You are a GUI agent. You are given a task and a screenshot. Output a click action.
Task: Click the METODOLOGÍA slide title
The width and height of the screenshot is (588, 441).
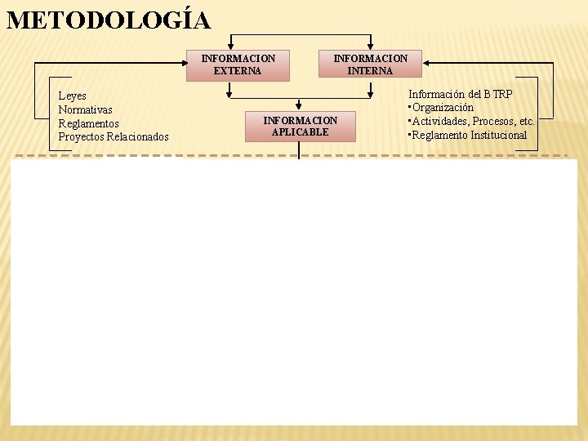click(108, 20)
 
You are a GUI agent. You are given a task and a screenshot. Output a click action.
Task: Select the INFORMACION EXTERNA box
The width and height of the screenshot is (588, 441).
click(238, 65)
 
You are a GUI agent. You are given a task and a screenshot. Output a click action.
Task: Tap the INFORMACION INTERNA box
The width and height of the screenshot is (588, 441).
click(370, 65)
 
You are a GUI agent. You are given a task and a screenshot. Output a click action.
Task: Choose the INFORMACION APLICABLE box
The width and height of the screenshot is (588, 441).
click(300, 127)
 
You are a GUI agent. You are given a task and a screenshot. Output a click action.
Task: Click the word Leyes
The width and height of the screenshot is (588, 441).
click(72, 96)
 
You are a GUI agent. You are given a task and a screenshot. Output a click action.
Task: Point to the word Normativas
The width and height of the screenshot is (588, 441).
click(86, 109)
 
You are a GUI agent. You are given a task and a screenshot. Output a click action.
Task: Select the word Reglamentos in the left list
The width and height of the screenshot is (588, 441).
click(89, 123)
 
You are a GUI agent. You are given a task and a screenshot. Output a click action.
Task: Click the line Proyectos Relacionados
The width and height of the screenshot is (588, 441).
click(114, 136)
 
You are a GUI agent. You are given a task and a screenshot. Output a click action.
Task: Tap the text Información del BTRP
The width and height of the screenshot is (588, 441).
click(461, 95)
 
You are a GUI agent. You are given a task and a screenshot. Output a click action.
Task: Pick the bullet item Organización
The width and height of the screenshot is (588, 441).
click(442, 108)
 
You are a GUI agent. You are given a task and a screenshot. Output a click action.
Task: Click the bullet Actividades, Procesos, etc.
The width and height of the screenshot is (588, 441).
click(472, 122)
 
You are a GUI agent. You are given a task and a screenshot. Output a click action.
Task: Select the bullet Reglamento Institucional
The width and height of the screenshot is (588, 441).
click(469, 135)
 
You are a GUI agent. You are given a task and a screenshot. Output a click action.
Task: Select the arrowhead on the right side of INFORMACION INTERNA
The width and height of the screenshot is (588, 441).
click(426, 63)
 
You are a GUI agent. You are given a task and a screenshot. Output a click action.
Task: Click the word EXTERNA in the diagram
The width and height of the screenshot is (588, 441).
click(238, 71)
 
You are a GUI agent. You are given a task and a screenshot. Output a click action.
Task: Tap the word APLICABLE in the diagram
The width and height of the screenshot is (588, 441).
click(300, 132)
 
